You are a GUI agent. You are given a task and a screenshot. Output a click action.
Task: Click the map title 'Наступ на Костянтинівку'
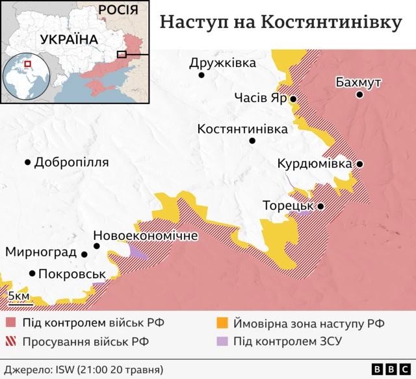[281, 22]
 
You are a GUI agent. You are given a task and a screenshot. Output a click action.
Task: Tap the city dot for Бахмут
[359, 95]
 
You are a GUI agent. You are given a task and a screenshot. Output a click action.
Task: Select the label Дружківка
[222, 63]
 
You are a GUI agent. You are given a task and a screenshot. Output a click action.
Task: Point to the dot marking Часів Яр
[293, 99]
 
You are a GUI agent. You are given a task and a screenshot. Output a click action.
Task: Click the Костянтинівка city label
[242, 129]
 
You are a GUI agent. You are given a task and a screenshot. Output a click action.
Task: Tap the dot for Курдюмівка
[359, 164]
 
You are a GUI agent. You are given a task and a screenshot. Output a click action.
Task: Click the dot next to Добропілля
[28, 163]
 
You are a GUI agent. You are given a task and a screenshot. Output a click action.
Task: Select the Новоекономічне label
[146, 235]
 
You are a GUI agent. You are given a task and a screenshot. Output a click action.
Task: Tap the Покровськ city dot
[32, 274]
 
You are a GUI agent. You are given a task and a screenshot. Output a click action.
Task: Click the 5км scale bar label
[19, 296]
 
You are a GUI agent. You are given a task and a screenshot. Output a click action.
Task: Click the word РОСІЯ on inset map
[118, 9]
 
